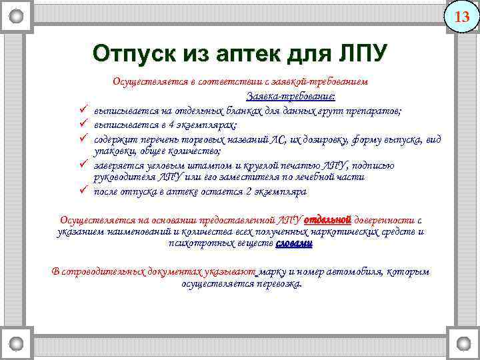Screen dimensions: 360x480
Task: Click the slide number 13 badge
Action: [x=461, y=17]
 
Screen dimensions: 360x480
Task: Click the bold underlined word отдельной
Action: [x=327, y=219]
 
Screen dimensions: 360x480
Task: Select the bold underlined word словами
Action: [x=293, y=244]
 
